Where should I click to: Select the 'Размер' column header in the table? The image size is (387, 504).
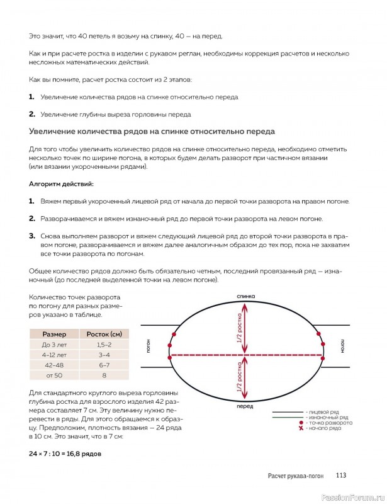54,333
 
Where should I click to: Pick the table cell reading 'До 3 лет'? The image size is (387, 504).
54,345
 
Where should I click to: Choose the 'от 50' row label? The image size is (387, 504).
54,375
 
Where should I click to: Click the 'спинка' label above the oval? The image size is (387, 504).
245,295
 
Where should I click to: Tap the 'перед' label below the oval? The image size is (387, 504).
245,408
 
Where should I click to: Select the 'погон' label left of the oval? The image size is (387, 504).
149,346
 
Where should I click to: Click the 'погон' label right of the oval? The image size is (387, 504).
342,346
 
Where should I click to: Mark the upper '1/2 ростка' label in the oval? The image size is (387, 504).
239,327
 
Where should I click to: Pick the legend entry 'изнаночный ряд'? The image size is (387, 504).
327,417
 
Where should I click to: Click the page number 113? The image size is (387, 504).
341,476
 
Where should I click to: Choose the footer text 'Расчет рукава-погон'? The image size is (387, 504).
295,476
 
